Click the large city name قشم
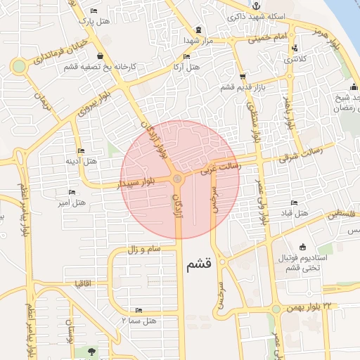click(199, 265)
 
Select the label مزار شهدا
click(198, 40)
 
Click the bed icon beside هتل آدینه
click(81, 151)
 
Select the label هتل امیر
click(72, 202)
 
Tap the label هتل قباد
click(300, 213)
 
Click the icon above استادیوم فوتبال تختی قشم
click(302, 247)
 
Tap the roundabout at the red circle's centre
click(177, 179)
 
